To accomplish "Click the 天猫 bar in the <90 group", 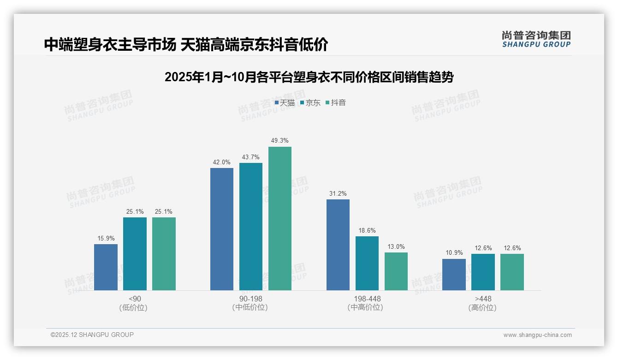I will pos(106,267).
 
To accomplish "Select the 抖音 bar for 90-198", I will pos(280,218).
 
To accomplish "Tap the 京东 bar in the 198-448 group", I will pos(367,263).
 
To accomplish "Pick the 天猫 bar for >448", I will pos(454,275).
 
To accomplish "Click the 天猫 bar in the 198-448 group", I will pos(338,245).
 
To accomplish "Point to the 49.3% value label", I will pos(280,140).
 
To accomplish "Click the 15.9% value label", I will pos(106,238).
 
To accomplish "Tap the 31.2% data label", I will pos(338,193).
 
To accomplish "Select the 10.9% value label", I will pos(454,253).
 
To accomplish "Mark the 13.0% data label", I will pos(396,246).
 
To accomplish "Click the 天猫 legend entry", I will pos(285,103).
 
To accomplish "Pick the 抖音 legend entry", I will pos(336,103).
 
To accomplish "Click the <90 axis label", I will pos(135,299).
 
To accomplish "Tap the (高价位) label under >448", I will pos(482,307).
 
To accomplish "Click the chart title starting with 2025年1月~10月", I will pos(309,77).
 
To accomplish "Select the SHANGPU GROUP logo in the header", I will pos(536,39).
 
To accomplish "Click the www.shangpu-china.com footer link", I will pos(537,335).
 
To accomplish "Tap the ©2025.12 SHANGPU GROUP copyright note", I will pos(92,335).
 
